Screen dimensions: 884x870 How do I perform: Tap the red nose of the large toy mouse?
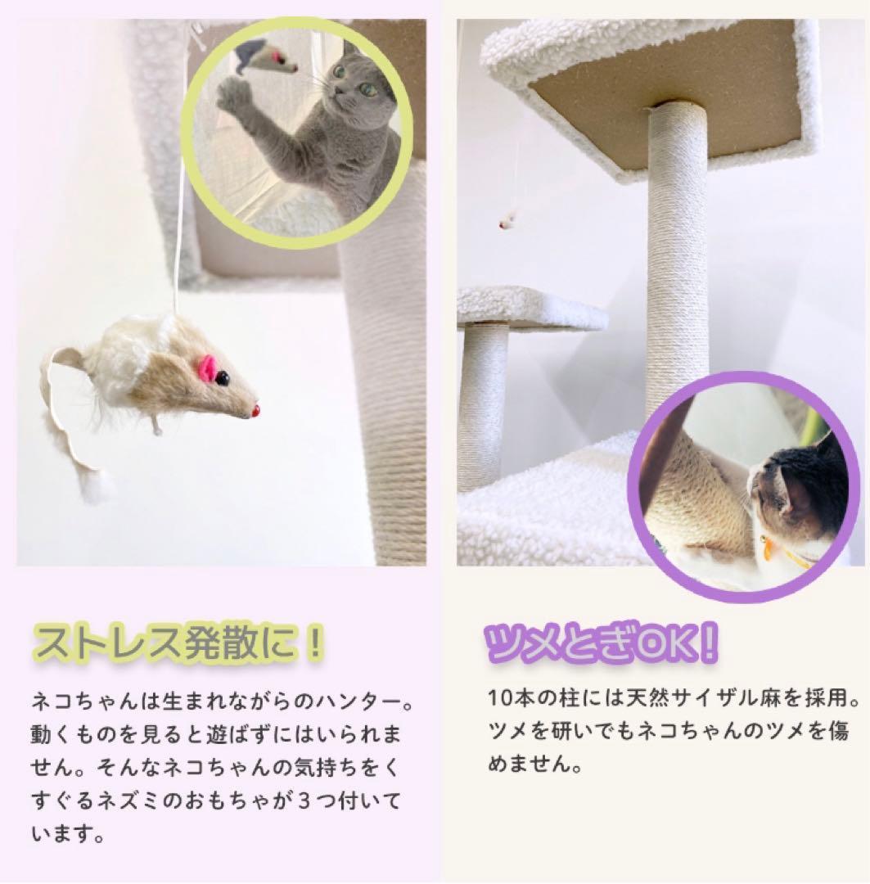point(255,408)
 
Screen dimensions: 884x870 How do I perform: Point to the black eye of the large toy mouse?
point(223,378)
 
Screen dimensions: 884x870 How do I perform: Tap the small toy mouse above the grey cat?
point(265,57)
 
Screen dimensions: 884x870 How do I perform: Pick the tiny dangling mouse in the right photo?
point(507,219)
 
